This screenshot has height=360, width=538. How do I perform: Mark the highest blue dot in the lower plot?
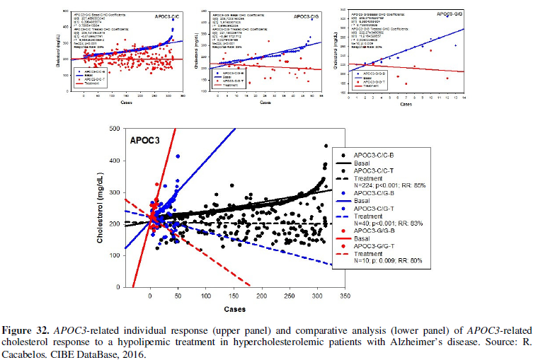178,156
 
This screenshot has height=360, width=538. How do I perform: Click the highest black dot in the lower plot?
326,146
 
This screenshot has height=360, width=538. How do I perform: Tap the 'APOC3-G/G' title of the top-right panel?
450,13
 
